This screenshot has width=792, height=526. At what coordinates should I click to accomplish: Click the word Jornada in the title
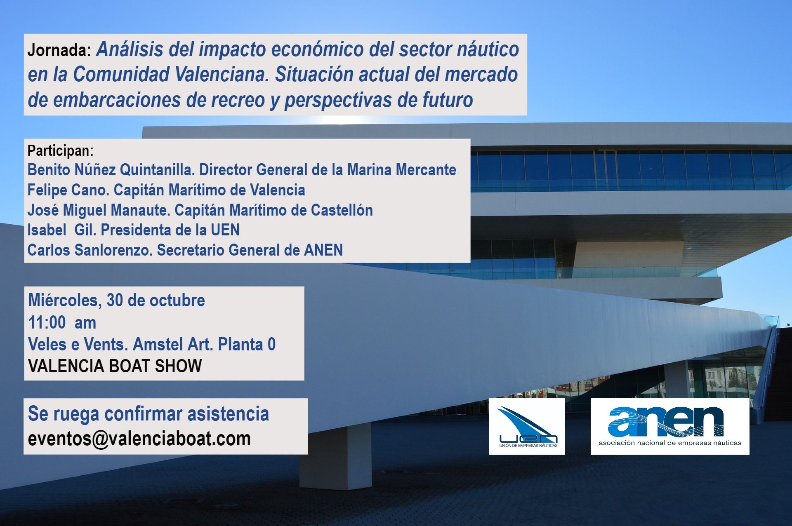59,50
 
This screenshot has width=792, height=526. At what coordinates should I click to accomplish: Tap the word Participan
60,151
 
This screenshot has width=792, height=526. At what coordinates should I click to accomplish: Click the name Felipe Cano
68,190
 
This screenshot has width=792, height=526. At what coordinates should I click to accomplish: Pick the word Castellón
342,210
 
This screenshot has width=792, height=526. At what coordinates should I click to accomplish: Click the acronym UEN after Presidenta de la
225,230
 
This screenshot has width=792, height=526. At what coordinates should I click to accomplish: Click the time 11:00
47,323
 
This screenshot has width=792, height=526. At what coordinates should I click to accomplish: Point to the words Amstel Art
173,345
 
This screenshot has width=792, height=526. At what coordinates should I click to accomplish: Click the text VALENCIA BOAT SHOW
115,366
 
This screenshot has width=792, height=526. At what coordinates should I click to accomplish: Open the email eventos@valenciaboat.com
139,439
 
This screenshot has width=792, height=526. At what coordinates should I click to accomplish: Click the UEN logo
527,426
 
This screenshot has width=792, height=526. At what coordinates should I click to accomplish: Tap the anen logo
670,426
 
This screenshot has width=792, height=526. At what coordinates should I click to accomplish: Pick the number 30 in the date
115,301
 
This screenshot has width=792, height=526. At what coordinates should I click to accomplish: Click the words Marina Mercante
402,170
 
